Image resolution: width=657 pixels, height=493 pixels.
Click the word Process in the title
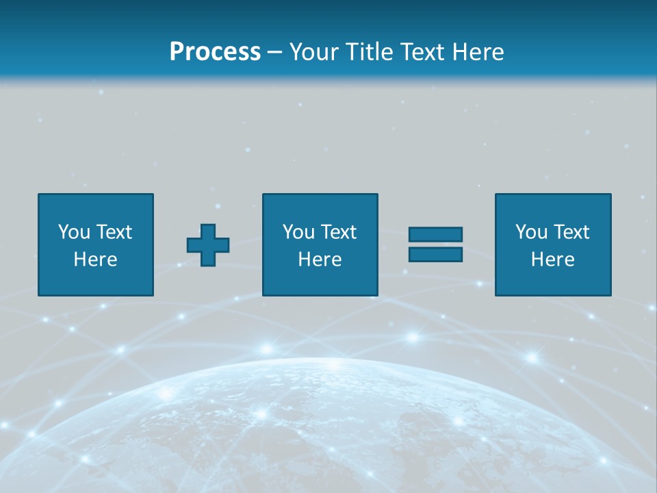click(215, 51)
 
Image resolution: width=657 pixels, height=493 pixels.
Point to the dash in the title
click(275, 52)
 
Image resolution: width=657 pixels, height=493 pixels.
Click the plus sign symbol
click(208, 245)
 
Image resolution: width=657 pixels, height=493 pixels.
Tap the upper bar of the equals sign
click(435, 234)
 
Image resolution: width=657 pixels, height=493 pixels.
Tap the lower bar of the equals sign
click(435, 254)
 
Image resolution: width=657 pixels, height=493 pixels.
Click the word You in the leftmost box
click(74, 232)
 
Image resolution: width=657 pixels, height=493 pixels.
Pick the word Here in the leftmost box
click(95, 260)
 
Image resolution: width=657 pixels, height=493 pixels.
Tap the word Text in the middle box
click(338, 232)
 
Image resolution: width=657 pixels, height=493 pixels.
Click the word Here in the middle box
click(320, 260)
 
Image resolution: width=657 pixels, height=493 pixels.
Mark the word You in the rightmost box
click(531, 232)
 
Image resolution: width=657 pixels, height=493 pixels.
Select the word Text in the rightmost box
click(571, 232)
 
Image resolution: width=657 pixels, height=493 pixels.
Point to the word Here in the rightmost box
click(552, 260)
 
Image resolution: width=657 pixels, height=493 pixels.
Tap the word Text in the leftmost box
click(114, 232)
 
